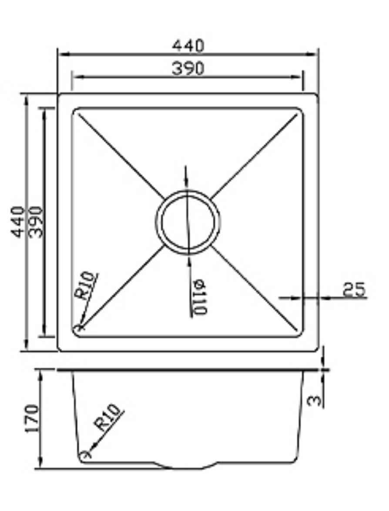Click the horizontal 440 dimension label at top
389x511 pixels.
click(x=188, y=45)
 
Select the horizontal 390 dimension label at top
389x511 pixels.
click(x=188, y=68)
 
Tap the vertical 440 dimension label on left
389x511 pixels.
click(x=18, y=222)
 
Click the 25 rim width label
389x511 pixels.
click(x=354, y=289)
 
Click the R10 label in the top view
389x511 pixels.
click(x=85, y=285)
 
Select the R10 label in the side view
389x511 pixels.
click(x=107, y=417)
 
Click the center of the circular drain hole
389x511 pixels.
click(x=188, y=222)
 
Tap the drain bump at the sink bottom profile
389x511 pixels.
click(x=188, y=467)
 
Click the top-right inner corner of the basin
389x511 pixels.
click(x=301, y=110)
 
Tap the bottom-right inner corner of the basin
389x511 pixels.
click(x=301, y=335)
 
